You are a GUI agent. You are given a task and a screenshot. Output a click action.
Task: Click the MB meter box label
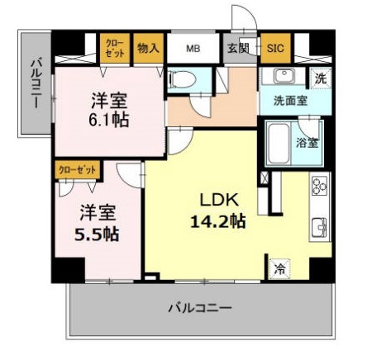click(x=193, y=49)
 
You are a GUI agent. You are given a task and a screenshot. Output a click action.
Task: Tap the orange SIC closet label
click(x=274, y=49)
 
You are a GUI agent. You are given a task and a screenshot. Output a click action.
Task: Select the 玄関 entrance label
click(x=238, y=49)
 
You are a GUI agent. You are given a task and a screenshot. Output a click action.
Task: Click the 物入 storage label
click(x=147, y=49)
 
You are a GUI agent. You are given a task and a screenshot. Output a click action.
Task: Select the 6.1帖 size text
click(x=110, y=119)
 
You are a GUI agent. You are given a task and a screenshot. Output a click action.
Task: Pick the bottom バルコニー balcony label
click(x=200, y=308)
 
